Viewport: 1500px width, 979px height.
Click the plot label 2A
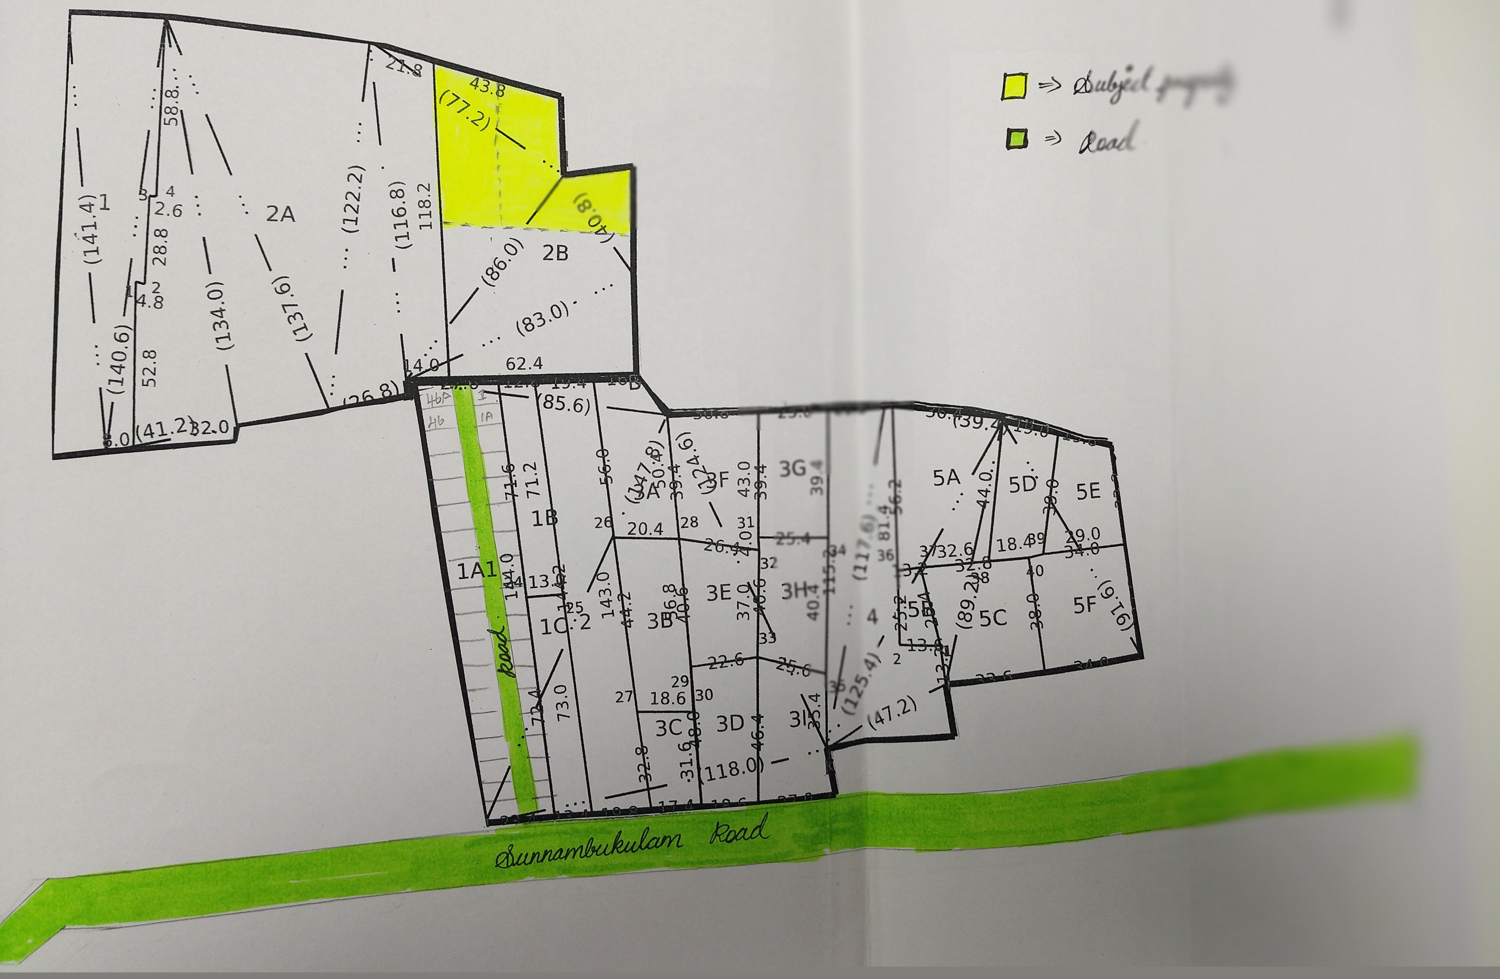pos(281,214)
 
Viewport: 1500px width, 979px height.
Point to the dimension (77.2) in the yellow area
pos(464,110)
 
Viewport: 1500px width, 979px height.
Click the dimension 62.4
pos(524,364)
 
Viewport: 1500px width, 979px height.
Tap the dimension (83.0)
pos(542,318)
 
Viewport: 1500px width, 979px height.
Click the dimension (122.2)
pos(354,199)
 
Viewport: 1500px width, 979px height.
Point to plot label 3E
pos(719,593)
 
